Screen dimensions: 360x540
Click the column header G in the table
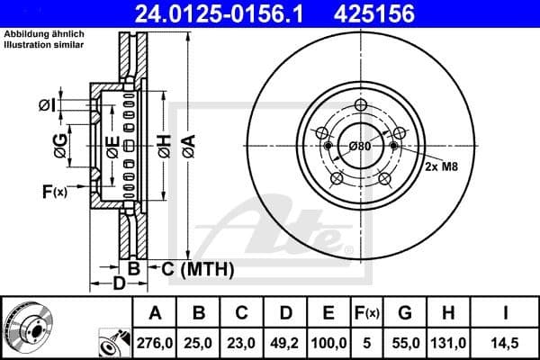click(406, 313)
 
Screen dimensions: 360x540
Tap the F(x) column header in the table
click(368, 313)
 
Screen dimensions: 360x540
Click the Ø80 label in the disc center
click(359, 147)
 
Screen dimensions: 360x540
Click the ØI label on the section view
click(47, 106)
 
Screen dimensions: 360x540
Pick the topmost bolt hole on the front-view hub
click(359, 105)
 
